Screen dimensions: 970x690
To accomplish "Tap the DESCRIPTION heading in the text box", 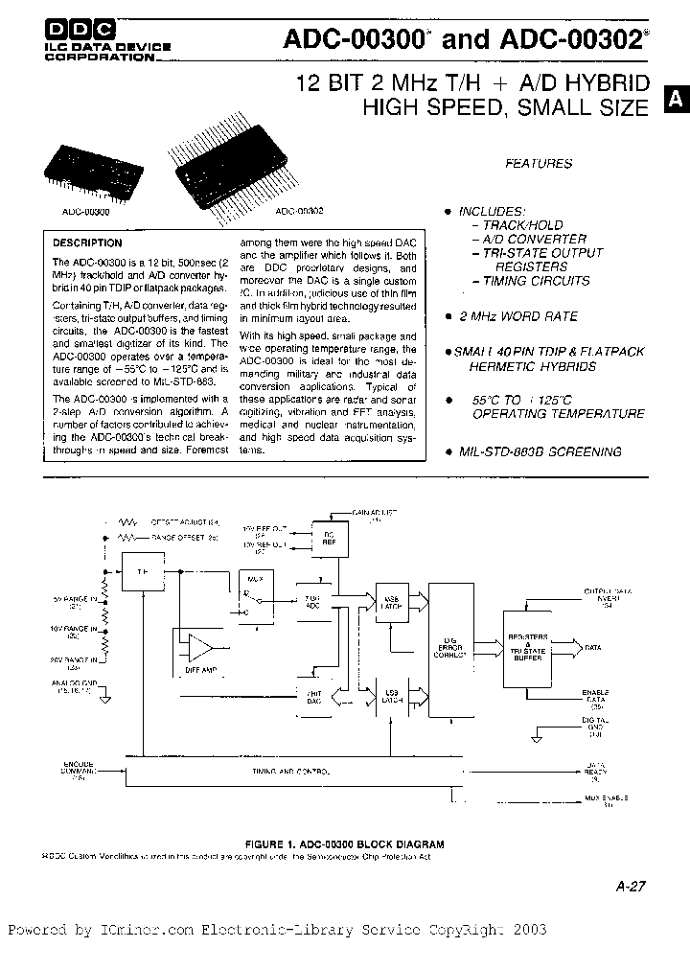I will [87, 243].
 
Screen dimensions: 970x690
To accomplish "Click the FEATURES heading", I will [539, 164].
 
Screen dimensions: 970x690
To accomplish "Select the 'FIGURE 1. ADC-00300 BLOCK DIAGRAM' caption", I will [346, 843].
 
